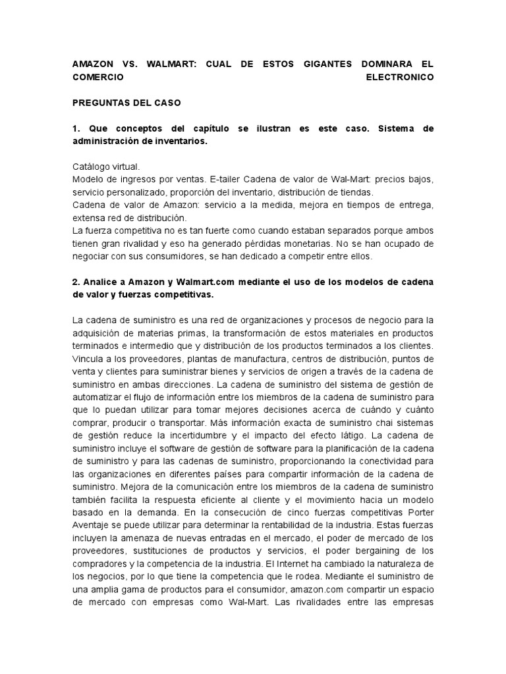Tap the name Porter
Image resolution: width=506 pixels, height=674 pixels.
pos(418,512)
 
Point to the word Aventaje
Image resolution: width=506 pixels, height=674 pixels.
pos(92,525)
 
